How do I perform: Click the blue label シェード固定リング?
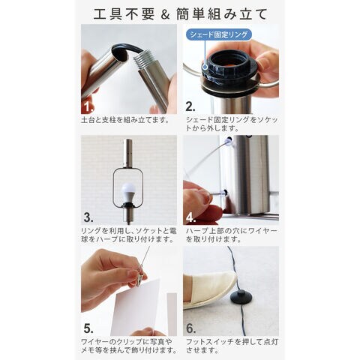(x=219, y=34)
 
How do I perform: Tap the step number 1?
(x=88, y=108)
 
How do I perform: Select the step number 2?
(x=190, y=106)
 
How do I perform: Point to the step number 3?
(x=88, y=217)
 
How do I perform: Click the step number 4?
(x=190, y=218)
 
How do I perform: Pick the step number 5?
(x=88, y=328)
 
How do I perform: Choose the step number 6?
(x=190, y=328)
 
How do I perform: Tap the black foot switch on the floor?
(x=242, y=297)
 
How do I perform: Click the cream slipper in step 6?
(x=208, y=290)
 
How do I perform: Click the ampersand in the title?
(x=165, y=14)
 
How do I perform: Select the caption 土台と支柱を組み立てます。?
(x=125, y=120)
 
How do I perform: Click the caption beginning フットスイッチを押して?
(x=232, y=346)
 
